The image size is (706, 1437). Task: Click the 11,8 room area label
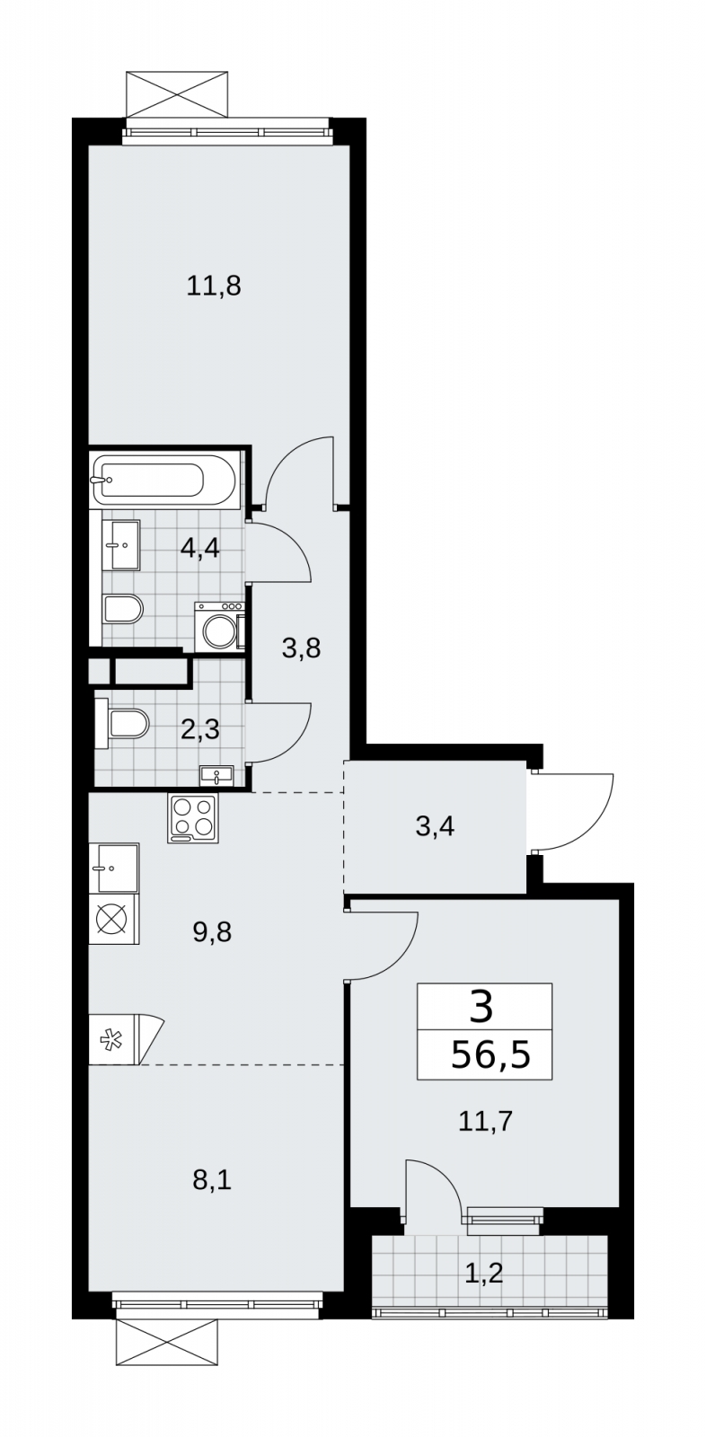[x=214, y=286]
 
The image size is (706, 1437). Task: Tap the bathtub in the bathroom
[x=163, y=480]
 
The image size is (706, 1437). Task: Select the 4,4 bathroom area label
[x=200, y=549]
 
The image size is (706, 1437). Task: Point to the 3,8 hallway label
[x=301, y=648]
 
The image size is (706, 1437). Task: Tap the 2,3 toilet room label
[x=200, y=730]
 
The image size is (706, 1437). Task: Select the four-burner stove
[x=192, y=818]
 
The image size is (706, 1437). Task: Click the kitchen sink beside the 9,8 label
[x=114, y=868]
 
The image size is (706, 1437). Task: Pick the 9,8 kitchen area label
[x=212, y=932]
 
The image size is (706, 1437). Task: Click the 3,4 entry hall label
[x=435, y=827]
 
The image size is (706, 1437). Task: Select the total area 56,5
[x=491, y=1054]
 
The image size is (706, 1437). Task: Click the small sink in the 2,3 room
[x=217, y=776]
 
